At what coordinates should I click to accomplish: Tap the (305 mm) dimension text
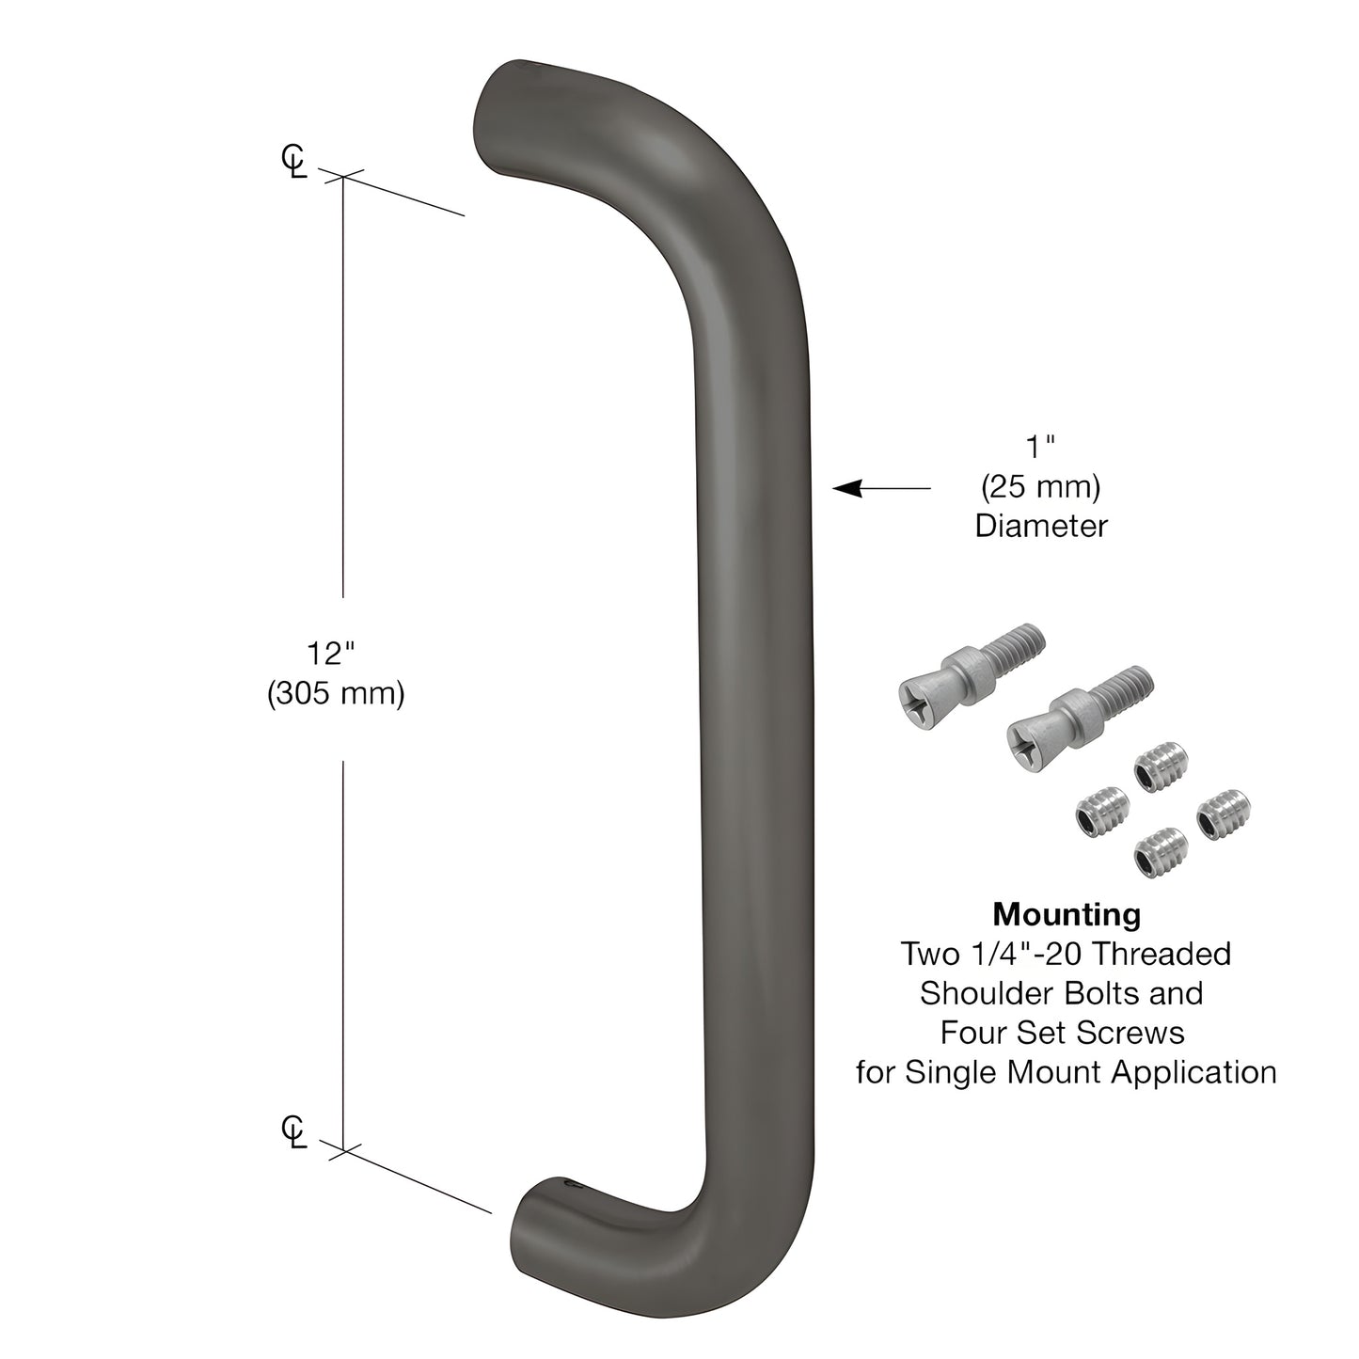(336, 694)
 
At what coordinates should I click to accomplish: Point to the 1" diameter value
(1039, 448)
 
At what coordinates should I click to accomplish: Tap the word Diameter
(1040, 526)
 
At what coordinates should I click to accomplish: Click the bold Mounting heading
(1067, 913)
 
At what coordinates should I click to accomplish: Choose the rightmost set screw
(1224, 815)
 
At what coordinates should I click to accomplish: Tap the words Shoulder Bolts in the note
(1061, 993)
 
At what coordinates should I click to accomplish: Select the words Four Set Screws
(1062, 1033)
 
